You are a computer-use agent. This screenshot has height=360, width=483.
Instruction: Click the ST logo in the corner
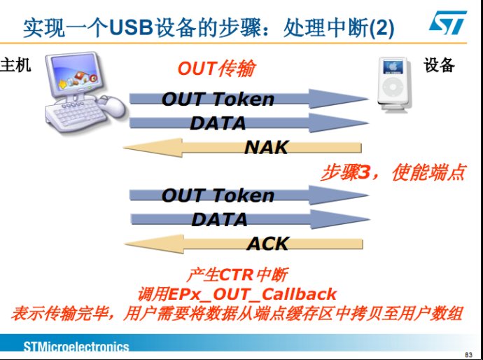(x=448, y=22)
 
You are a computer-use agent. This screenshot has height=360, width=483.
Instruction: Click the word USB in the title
(x=131, y=28)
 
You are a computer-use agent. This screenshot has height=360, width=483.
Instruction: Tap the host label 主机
(x=15, y=65)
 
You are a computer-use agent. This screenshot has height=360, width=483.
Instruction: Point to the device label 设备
(x=439, y=65)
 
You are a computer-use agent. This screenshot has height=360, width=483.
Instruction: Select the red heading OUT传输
(x=216, y=69)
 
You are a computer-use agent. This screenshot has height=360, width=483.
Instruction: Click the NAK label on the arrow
(x=266, y=147)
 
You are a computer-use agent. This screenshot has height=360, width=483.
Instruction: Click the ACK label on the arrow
(x=267, y=244)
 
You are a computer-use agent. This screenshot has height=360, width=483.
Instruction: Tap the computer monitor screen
(x=75, y=74)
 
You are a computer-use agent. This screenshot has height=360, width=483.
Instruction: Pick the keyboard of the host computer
(x=74, y=115)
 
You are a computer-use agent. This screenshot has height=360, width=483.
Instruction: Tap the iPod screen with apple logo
(x=393, y=67)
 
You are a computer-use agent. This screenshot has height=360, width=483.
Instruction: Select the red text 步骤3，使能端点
(x=393, y=172)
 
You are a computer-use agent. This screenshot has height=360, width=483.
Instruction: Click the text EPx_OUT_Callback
(x=252, y=293)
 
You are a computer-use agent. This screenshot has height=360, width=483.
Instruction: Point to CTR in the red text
(x=237, y=275)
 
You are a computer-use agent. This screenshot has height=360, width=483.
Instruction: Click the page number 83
(x=468, y=355)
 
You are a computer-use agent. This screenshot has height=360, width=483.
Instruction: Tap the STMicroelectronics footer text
(x=76, y=347)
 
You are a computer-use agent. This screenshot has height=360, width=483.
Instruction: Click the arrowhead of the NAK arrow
(x=153, y=147)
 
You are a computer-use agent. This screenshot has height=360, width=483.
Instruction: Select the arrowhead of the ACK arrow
(x=154, y=244)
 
